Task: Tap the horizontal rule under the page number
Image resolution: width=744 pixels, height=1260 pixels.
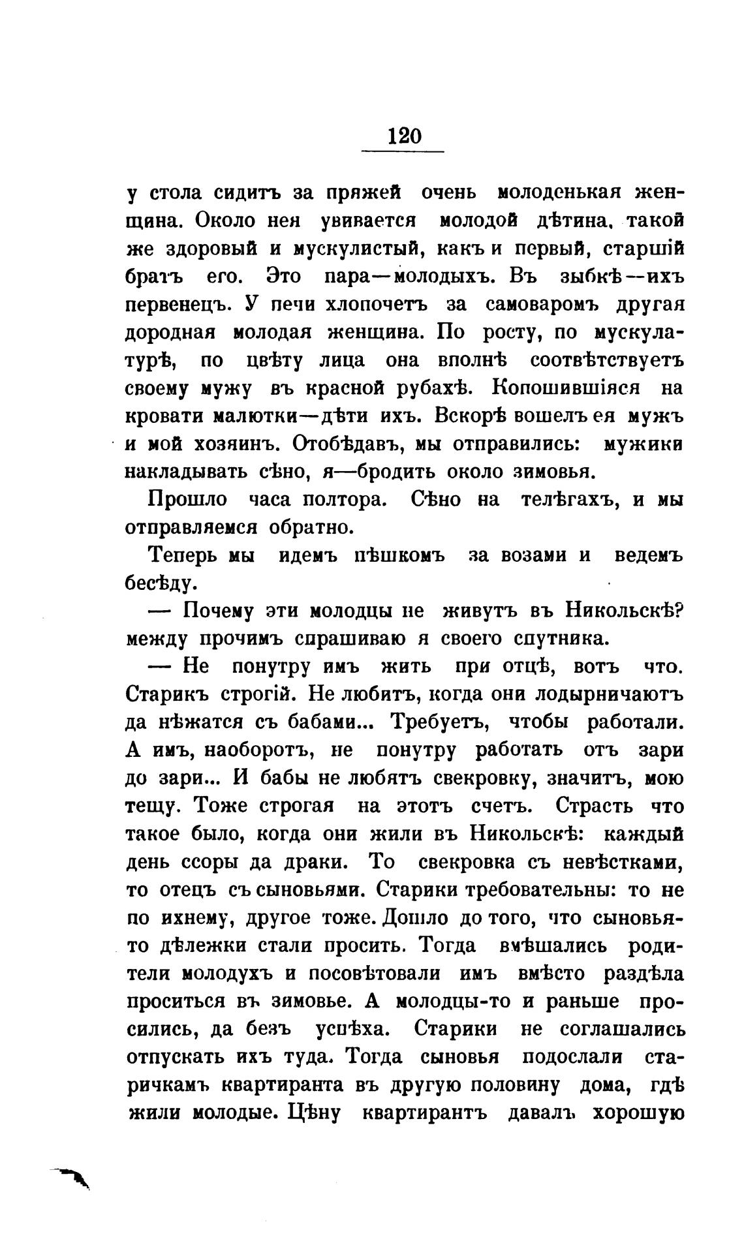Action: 402,152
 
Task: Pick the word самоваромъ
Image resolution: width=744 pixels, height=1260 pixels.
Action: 547,305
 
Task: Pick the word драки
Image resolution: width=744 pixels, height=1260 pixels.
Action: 317,861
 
